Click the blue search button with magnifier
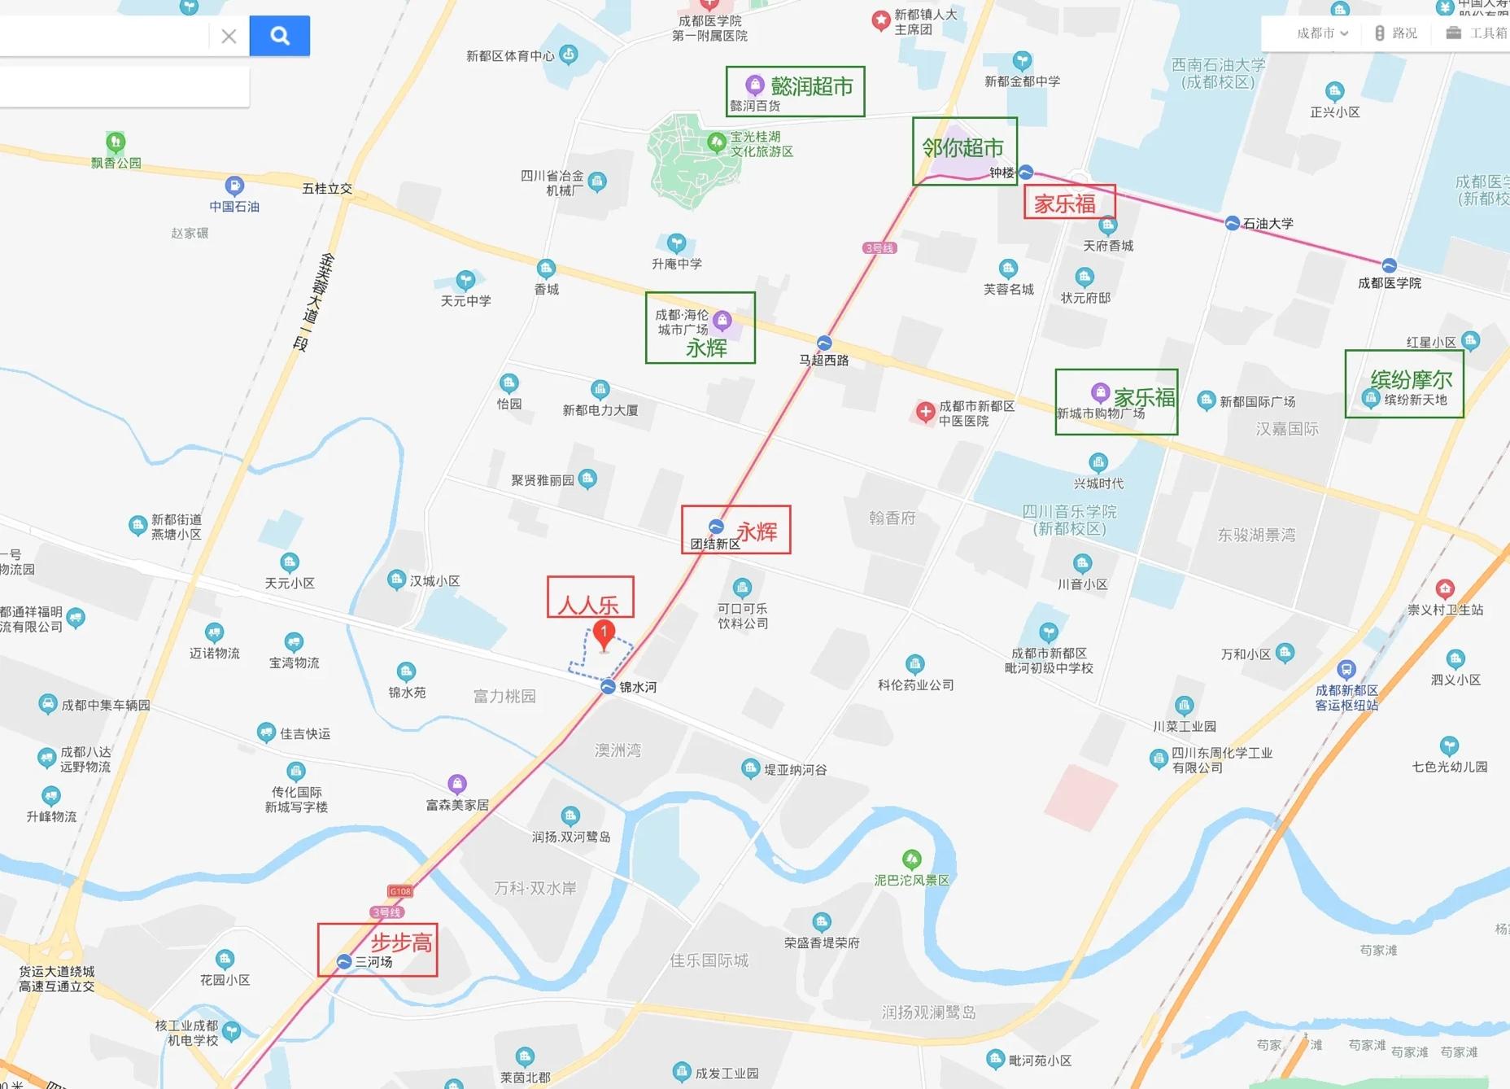(x=279, y=36)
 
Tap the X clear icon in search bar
(x=229, y=36)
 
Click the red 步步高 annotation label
(x=401, y=942)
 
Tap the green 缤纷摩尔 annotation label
(x=1411, y=379)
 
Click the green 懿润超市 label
(x=811, y=86)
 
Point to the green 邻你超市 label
(x=962, y=148)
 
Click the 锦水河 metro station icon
(x=608, y=687)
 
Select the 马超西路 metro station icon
(x=824, y=343)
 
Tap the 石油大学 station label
(x=1268, y=223)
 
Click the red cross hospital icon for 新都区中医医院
(x=925, y=412)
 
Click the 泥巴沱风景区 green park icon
(x=911, y=859)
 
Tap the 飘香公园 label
(x=116, y=163)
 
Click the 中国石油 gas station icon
(x=234, y=186)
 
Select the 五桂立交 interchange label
(x=327, y=189)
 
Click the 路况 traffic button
(x=1396, y=33)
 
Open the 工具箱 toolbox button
(x=1477, y=33)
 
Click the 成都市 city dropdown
(x=1322, y=33)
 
